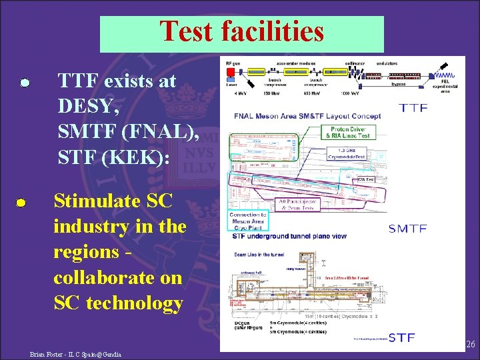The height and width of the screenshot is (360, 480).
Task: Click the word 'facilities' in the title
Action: click(x=274, y=32)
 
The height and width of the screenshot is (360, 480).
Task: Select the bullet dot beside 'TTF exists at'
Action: click(x=24, y=83)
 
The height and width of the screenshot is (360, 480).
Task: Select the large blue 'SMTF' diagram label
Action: click(x=407, y=229)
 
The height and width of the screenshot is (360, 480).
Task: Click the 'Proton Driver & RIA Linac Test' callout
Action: click(x=349, y=131)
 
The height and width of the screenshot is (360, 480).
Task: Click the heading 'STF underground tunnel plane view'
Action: click(x=289, y=235)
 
